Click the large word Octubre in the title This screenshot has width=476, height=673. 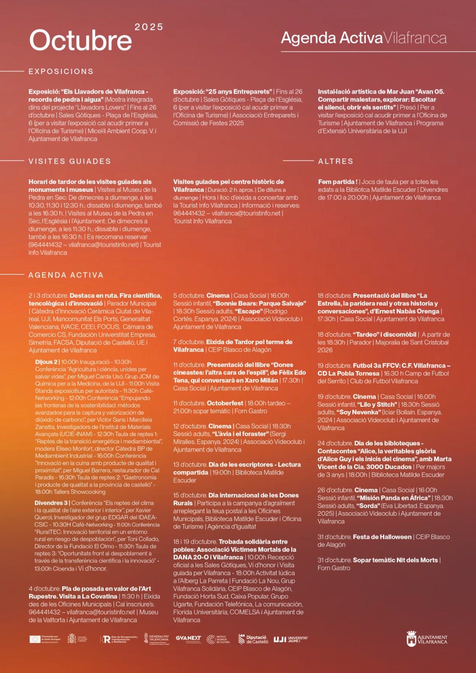pos(80,40)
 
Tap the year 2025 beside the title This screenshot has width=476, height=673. pos(149,27)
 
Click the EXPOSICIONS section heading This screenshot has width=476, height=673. pos(61,72)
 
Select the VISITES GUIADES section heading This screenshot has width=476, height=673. pos(70,162)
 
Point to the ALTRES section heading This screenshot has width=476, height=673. pos(335,162)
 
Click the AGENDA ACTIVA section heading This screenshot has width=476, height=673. pos(66,275)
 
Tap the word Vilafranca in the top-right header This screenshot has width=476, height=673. pos(415,38)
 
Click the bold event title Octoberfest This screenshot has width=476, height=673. pos(225,403)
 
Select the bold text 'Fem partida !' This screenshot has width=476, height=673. pos(338,182)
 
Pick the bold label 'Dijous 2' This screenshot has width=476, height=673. pos(46,362)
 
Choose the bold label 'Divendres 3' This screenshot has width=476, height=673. pos(51,503)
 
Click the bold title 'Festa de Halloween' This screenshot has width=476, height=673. pos(382,537)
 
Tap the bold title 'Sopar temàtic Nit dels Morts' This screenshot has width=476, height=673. pos(395,560)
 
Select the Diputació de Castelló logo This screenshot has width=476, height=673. pos(253,639)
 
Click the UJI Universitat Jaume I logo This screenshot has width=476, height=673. pos(290,639)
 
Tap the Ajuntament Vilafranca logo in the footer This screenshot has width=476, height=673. pos(427,639)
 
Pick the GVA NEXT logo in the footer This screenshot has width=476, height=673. pos(188,639)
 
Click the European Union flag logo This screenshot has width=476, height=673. pos(35,639)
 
